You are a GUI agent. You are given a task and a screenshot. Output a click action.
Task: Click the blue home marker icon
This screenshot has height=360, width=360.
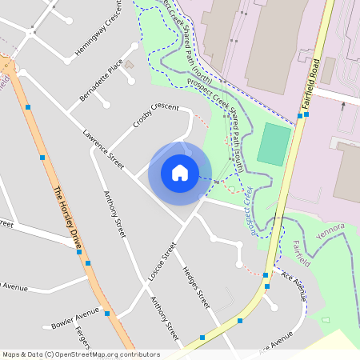pos(180,173)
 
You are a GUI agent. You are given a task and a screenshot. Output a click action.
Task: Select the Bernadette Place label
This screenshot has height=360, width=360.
pos(101,81)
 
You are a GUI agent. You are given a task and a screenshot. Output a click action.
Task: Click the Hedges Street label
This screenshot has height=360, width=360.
pos(196,287)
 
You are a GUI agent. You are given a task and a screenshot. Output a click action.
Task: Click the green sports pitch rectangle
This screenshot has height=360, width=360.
pos(274,144)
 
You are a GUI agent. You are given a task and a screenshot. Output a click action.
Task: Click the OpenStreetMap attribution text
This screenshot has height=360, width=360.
pos(81,354)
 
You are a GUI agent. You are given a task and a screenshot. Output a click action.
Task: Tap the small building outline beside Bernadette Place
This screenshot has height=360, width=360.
pos(130,65)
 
